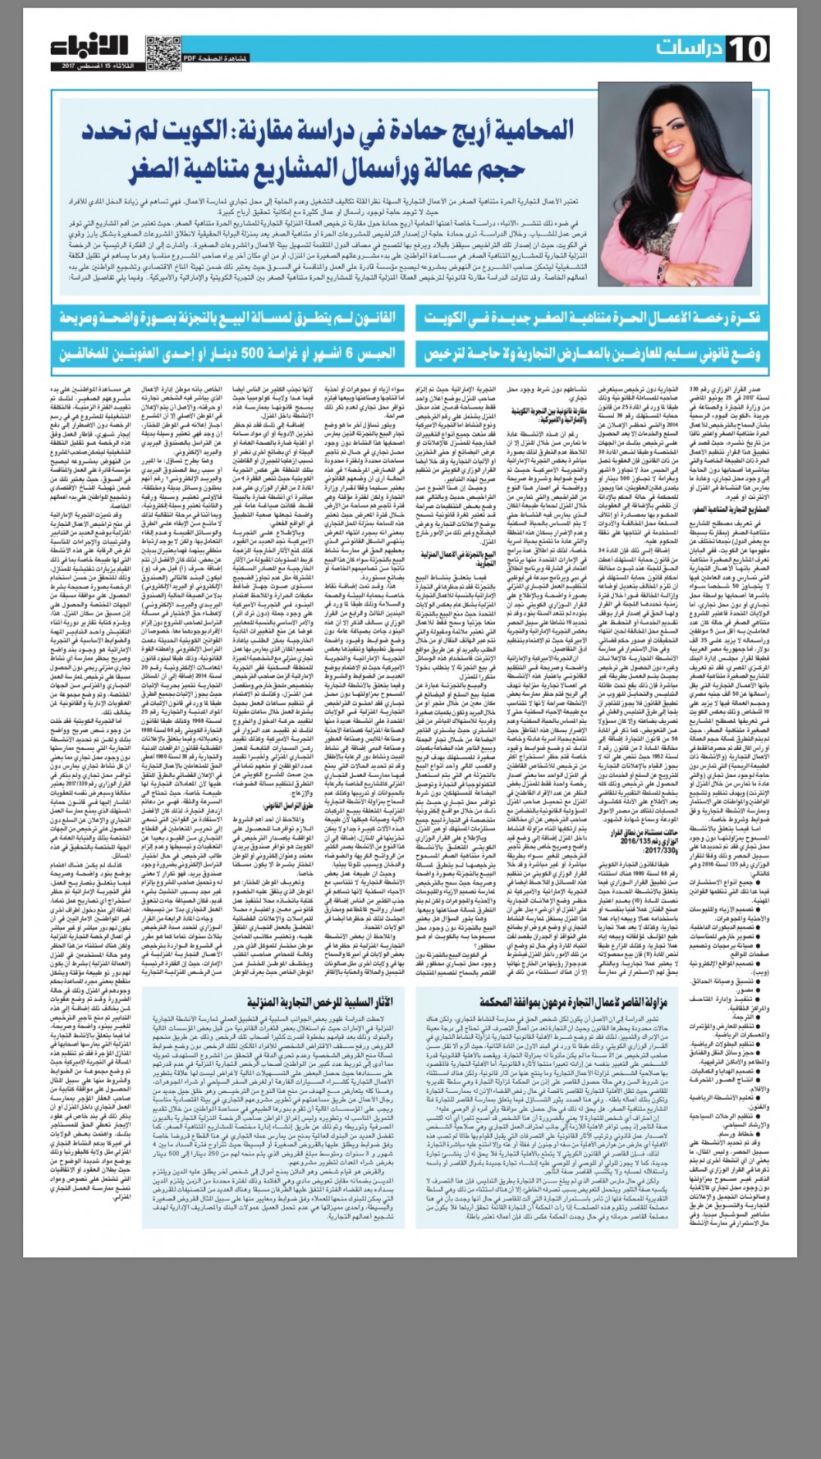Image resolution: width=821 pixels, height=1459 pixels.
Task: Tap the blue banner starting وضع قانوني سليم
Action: pyautogui.click(x=592, y=354)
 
